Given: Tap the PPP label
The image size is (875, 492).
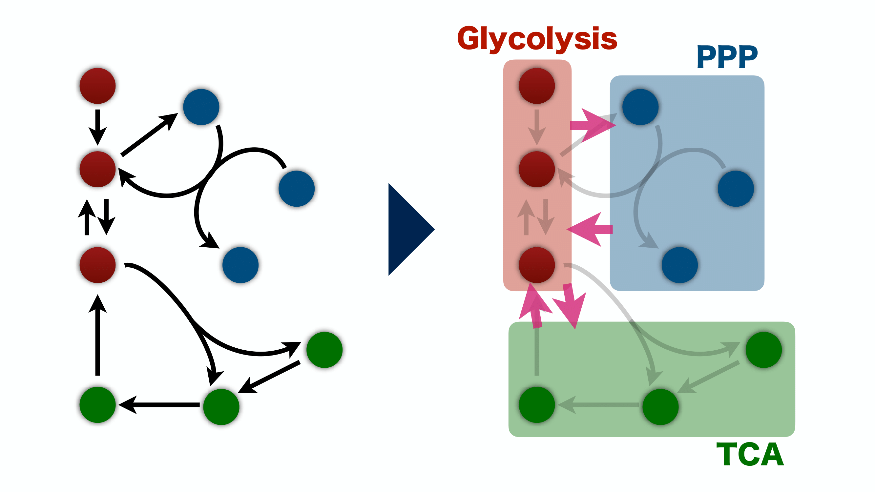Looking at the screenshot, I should point(727,57).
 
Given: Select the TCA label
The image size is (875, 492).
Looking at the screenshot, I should point(750,454).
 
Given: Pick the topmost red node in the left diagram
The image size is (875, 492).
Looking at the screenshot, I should point(97,86).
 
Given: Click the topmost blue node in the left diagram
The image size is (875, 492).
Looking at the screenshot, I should point(201,107).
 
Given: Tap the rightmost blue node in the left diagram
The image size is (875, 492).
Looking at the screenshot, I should point(297,189).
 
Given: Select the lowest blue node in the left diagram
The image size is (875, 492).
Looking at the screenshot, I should point(240,265).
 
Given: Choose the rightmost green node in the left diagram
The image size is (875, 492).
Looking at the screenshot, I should point(324,350).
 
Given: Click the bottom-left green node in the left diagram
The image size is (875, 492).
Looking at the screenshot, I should point(97,405).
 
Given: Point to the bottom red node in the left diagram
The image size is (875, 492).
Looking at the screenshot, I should point(97,265).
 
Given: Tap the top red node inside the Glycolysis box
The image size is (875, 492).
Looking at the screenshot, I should point(537,86).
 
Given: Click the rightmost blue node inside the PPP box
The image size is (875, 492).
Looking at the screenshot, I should point(736,189).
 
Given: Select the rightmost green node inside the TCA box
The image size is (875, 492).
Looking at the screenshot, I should point(763,350).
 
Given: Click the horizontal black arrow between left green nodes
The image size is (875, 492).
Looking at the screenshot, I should point(160,405).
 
